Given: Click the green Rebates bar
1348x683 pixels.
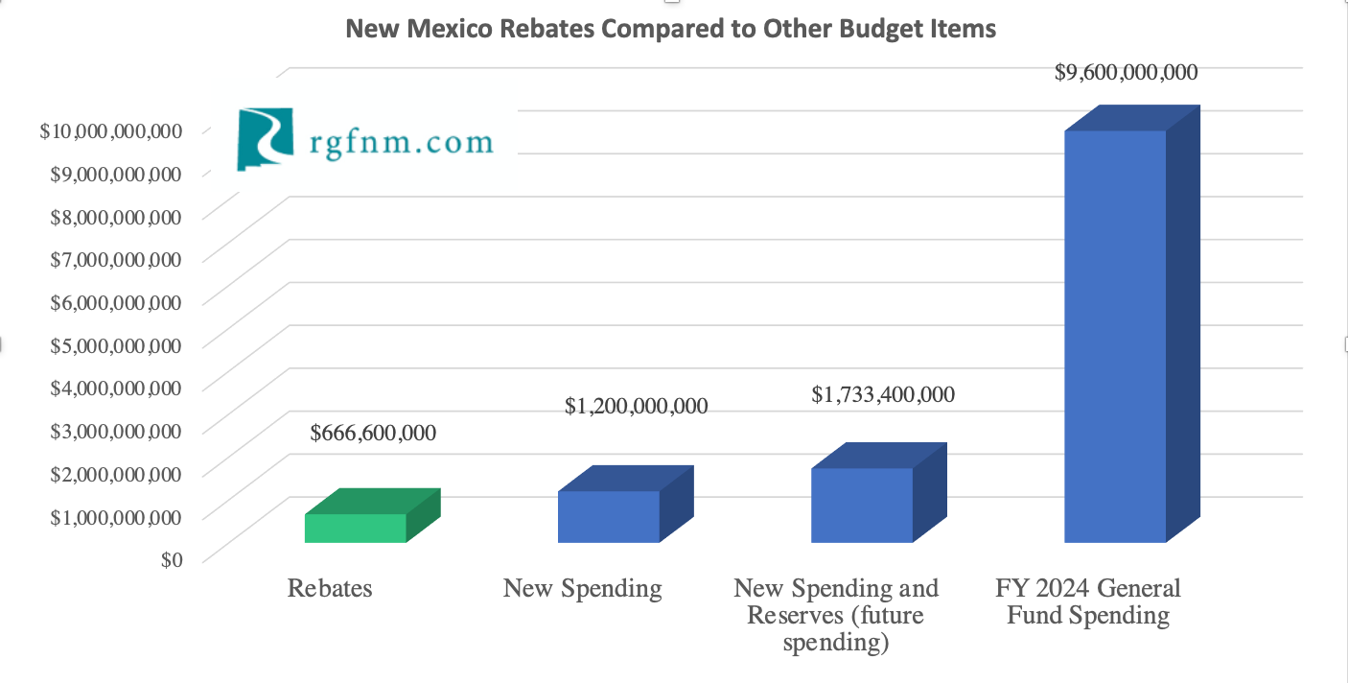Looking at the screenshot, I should click(356, 528).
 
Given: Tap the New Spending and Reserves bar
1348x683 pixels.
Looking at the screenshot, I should click(862, 505).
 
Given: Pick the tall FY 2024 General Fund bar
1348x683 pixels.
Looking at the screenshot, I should click(1115, 336).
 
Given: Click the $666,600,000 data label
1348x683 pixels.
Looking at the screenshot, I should click(373, 433).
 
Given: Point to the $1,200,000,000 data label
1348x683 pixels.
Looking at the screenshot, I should click(637, 406).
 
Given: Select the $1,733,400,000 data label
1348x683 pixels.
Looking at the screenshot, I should click(883, 393).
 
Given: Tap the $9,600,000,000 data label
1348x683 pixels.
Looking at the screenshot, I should click(1126, 72).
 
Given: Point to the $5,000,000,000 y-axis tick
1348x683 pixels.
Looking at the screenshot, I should click(115, 344).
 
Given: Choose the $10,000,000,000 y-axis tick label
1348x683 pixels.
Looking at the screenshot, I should click(110, 130).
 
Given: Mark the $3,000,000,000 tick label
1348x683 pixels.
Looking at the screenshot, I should click(115, 430).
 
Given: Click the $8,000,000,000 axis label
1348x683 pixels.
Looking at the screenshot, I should click(115, 216).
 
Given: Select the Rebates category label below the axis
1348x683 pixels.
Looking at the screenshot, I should click(330, 587).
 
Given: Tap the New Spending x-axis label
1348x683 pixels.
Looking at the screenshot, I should click(582, 587).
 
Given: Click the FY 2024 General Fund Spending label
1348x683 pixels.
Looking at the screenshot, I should click(1088, 601).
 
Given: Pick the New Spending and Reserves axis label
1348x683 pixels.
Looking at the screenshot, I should click(836, 614).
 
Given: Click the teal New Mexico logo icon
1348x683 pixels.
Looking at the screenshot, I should click(265, 139).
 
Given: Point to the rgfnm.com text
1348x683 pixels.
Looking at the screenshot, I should click(401, 143).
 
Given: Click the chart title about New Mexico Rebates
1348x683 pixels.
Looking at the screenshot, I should click(670, 29).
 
